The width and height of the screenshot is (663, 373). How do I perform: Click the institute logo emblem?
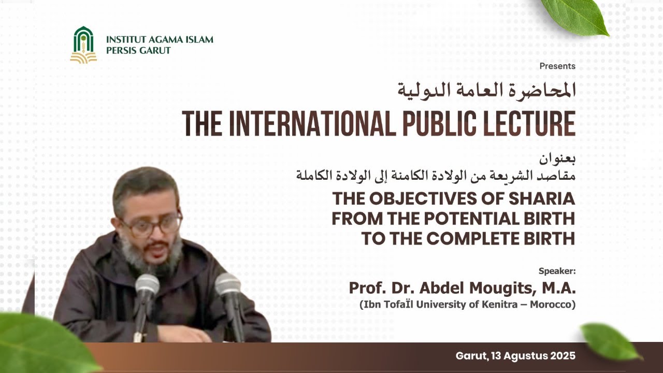tap(83, 45)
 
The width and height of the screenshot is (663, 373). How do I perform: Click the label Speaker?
tap(557, 271)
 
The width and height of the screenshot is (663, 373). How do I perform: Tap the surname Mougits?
tap(497, 288)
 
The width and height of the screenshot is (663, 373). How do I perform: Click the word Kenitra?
tap(498, 305)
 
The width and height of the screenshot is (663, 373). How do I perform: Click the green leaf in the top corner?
tap(576, 16)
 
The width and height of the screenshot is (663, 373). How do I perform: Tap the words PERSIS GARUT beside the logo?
tap(138, 51)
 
